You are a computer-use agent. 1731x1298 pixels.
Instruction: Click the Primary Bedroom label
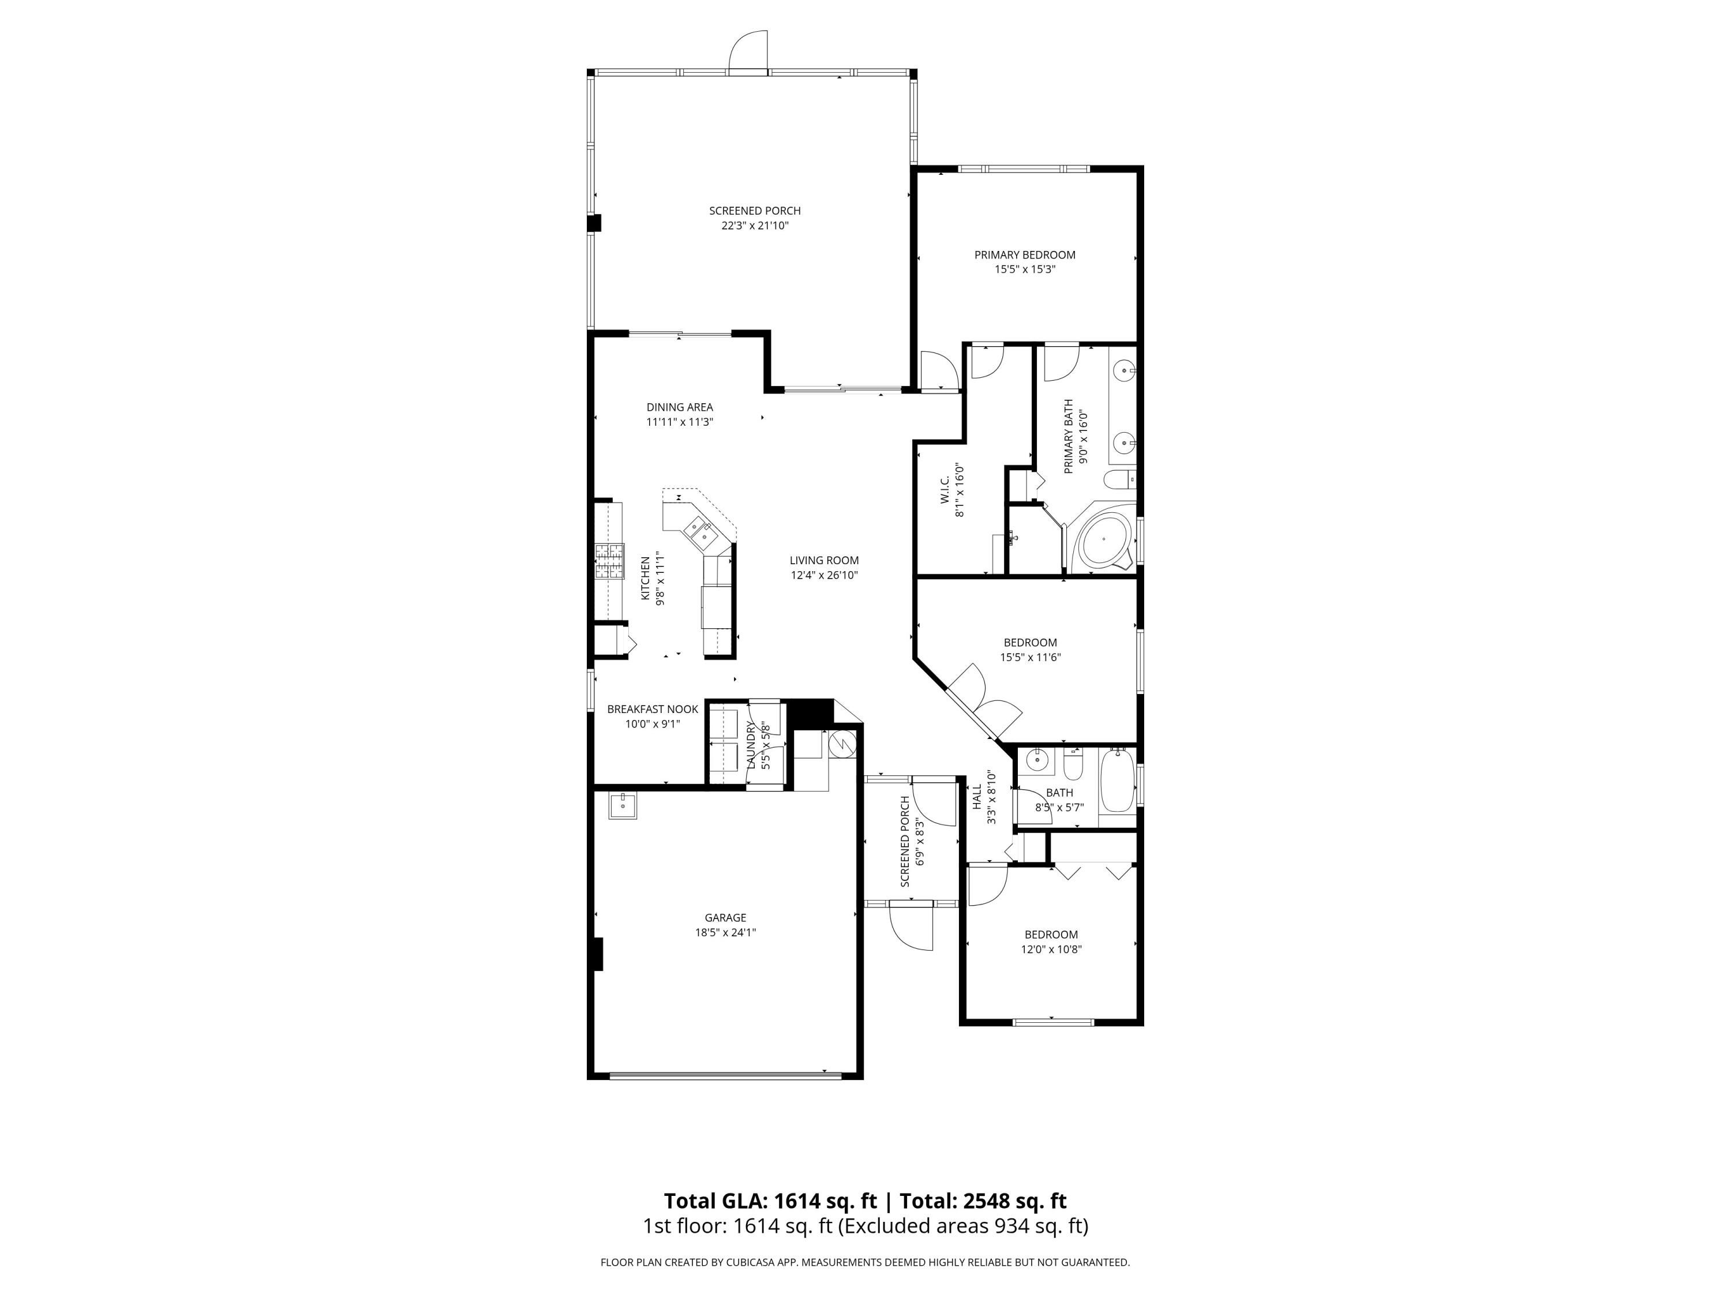(1024, 254)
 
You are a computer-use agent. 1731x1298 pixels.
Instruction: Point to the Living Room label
(823, 560)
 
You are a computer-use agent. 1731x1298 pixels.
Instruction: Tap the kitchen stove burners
(609, 561)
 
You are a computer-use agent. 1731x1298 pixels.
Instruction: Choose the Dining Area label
(679, 407)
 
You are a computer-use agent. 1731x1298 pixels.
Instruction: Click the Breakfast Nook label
(653, 709)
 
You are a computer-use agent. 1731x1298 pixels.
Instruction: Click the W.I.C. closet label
(945, 490)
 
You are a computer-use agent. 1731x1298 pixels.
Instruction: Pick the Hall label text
(977, 797)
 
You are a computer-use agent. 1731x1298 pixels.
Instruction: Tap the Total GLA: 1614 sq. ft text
(770, 1201)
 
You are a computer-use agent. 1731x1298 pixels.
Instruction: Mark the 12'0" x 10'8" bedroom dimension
(1051, 949)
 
